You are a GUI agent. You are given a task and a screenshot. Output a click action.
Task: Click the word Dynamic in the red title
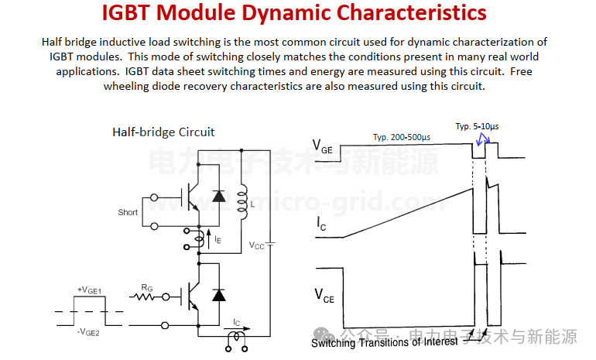[286, 13]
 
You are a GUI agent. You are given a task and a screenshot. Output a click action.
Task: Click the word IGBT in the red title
[126, 12]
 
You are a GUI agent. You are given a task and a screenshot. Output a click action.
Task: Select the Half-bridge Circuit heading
[163, 132]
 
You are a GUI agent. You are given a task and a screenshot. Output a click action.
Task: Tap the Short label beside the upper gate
[128, 212]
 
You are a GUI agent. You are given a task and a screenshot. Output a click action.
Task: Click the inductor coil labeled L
[242, 201]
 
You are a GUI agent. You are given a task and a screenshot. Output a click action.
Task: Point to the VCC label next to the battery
[256, 245]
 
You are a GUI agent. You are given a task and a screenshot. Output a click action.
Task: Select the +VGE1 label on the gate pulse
[89, 290]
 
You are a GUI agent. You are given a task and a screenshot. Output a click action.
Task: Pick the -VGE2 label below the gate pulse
[88, 332]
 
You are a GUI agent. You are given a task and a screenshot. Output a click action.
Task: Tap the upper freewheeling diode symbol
[218, 196]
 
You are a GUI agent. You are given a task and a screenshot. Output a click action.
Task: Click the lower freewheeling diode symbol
[218, 295]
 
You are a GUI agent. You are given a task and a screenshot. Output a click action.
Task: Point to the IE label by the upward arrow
[218, 239]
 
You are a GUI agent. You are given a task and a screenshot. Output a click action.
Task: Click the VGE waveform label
[322, 146]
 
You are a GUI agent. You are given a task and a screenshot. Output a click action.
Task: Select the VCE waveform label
[324, 296]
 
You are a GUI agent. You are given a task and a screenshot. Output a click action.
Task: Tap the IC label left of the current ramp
[321, 224]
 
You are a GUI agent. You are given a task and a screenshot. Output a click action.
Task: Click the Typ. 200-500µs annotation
[402, 137]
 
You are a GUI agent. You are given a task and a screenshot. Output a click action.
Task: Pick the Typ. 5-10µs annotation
[477, 126]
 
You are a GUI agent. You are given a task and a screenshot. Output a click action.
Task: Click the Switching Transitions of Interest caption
[385, 342]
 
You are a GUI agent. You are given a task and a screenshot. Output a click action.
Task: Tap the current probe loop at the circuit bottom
[236, 337]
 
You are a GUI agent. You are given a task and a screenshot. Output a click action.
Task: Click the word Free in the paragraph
[521, 71]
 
